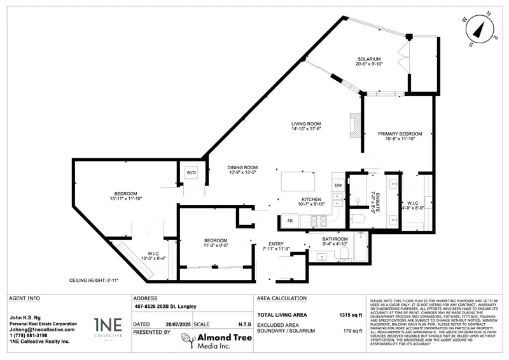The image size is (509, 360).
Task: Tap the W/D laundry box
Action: [191, 173]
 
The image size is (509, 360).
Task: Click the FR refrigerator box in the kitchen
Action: [289, 221]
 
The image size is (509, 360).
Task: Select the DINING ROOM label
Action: [242, 168]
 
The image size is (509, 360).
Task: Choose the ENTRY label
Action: [275, 244]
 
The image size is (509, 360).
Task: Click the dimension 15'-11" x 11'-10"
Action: [125, 198]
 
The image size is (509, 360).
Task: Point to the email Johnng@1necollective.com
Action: [43, 329]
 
